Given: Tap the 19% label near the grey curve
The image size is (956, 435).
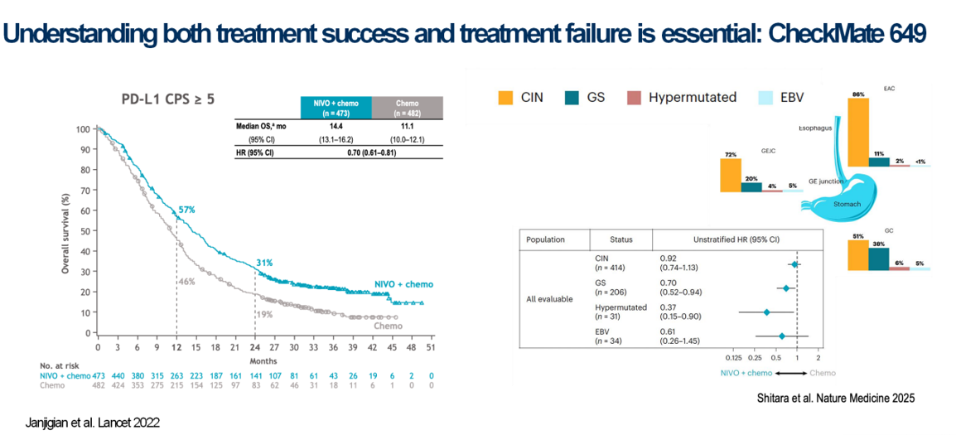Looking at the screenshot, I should point(263,314).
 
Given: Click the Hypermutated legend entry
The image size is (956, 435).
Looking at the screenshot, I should point(693,97).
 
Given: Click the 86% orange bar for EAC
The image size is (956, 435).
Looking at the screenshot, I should point(858,128).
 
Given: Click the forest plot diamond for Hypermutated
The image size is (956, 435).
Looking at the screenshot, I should point(767,312).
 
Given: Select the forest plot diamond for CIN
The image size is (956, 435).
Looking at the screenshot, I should point(794,264).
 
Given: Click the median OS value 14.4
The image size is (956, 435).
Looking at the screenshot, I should point(336,125).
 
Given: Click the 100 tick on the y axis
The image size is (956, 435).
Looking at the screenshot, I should point(83,129).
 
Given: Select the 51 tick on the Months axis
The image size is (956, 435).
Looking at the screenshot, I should point(431,348).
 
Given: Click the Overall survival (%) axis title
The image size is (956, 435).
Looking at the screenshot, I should point(65,230).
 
